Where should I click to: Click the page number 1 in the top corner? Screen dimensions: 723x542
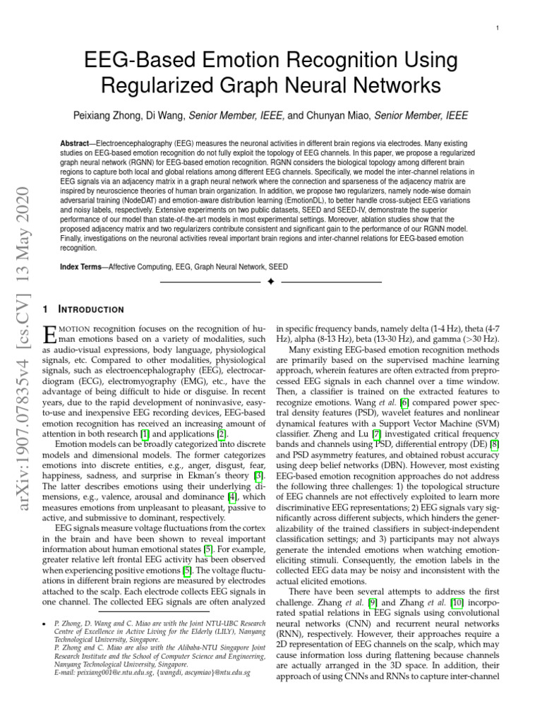click(x=498, y=28)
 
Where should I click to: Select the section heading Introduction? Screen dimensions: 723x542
click(x=95, y=309)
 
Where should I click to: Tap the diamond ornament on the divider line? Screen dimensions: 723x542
click(x=270, y=282)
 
